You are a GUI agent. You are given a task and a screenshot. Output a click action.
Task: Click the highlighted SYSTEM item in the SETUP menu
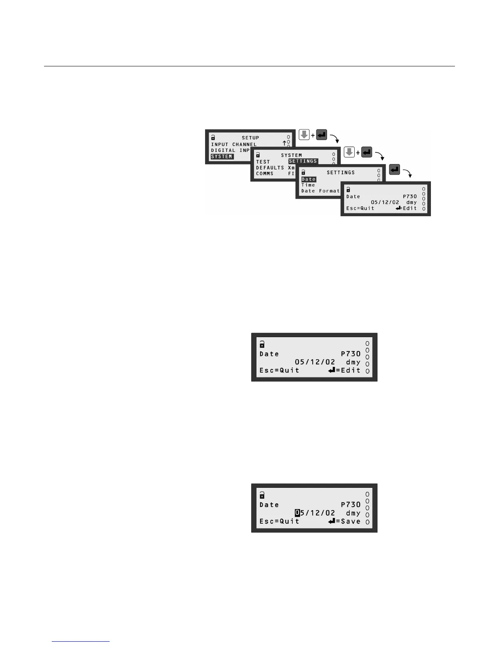222,156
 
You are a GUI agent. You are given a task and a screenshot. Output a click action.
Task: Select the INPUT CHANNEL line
234,144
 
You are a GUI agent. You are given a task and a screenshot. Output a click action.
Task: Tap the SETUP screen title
250,138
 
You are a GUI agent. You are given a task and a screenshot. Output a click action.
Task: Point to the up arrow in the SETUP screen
284,143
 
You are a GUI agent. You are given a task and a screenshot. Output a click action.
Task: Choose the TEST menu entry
263,162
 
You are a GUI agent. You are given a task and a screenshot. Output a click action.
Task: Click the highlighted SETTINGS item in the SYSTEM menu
302,161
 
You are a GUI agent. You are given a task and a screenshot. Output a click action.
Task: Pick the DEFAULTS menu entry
270,167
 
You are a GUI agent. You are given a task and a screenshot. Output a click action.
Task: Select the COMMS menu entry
265,173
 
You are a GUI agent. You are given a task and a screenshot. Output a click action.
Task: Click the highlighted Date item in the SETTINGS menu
309,179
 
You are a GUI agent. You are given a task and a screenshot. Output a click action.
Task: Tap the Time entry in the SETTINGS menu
308,185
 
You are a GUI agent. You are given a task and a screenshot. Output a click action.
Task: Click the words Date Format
320,191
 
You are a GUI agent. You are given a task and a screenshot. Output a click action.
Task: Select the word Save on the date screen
351,521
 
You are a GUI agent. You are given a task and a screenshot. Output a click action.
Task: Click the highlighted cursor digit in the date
298,513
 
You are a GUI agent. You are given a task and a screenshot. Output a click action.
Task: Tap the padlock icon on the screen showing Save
262,495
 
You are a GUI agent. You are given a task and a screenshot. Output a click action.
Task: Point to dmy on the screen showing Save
353,513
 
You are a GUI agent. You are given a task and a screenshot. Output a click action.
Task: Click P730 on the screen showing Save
351,505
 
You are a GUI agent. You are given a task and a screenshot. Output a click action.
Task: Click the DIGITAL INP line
230,150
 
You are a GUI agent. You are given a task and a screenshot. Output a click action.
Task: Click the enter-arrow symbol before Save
332,521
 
